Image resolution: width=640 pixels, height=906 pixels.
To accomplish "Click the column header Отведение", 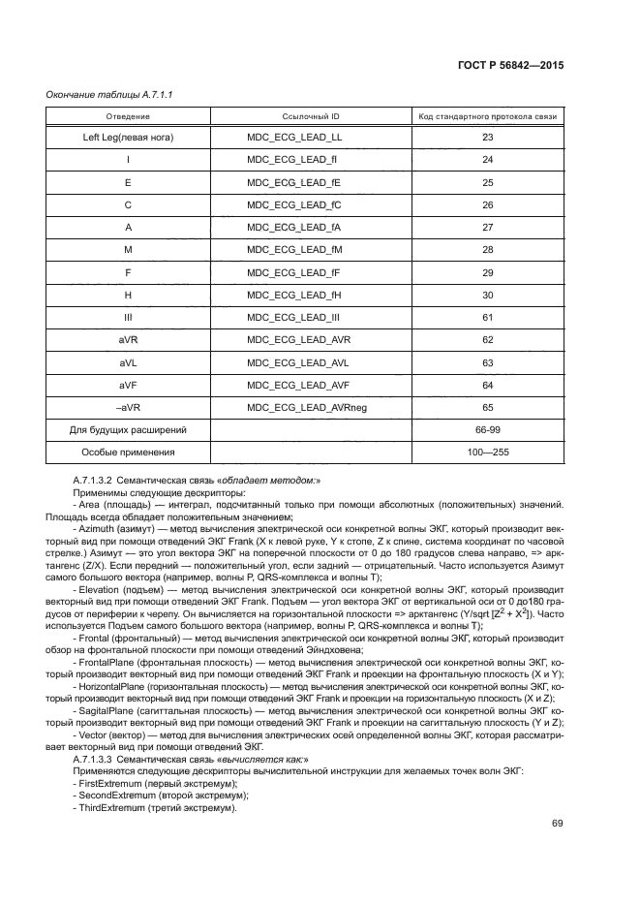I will click(x=128, y=116).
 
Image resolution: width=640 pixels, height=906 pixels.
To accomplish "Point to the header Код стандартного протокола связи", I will click(x=487, y=116).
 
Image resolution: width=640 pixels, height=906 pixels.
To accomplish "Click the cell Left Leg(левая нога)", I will click(x=128, y=137).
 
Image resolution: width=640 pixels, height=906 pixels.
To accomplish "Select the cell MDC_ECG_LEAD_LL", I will click(x=288, y=137).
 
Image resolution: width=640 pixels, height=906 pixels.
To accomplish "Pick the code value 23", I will click(x=487, y=137).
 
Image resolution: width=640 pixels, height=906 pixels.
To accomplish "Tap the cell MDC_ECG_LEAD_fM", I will click(x=288, y=250).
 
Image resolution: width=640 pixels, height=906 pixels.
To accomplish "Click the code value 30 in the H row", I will click(x=487, y=295).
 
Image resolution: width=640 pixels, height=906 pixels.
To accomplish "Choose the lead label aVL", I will click(x=128, y=362).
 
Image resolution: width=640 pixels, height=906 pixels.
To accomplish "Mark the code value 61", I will click(x=487, y=317).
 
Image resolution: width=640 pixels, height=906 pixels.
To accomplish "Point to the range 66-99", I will click(x=487, y=429).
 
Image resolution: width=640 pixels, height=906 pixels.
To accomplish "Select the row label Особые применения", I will click(x=128, y=452).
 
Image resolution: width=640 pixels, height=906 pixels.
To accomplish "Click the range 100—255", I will click(x=487, y=452).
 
